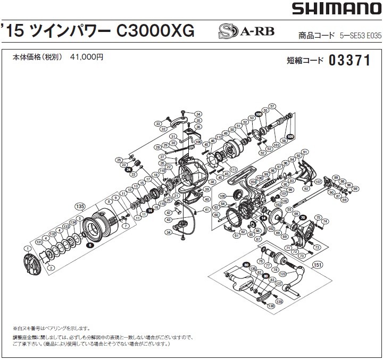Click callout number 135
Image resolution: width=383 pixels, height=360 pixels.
pyautogui.click(x=80, y=206)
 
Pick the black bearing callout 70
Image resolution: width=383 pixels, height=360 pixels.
pyautogui.click(x=302, y=217)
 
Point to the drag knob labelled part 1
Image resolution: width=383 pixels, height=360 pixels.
pyautogui.click(x=33, y=265)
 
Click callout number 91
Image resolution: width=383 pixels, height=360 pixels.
pyautogui.click(x=305, y=152)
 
